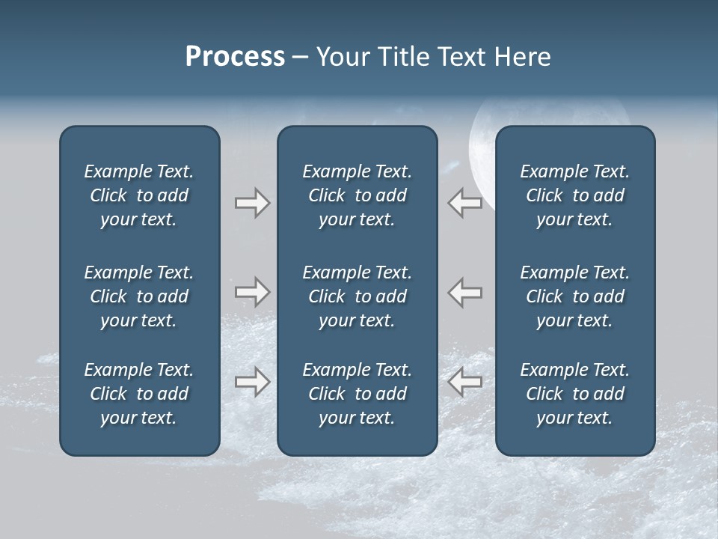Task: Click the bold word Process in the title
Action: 235,57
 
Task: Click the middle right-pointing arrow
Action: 252,292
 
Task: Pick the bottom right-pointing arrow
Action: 252,382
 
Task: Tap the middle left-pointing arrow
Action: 465,292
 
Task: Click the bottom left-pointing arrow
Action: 465,382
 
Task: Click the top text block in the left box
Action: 139,195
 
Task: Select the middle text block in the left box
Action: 139,296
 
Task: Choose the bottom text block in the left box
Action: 139,394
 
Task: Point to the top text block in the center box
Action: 357,195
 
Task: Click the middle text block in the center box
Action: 357,296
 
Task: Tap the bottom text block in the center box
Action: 357,394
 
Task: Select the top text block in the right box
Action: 575,195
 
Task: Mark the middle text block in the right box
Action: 575,296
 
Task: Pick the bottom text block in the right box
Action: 575,394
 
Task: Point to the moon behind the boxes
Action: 482,150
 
